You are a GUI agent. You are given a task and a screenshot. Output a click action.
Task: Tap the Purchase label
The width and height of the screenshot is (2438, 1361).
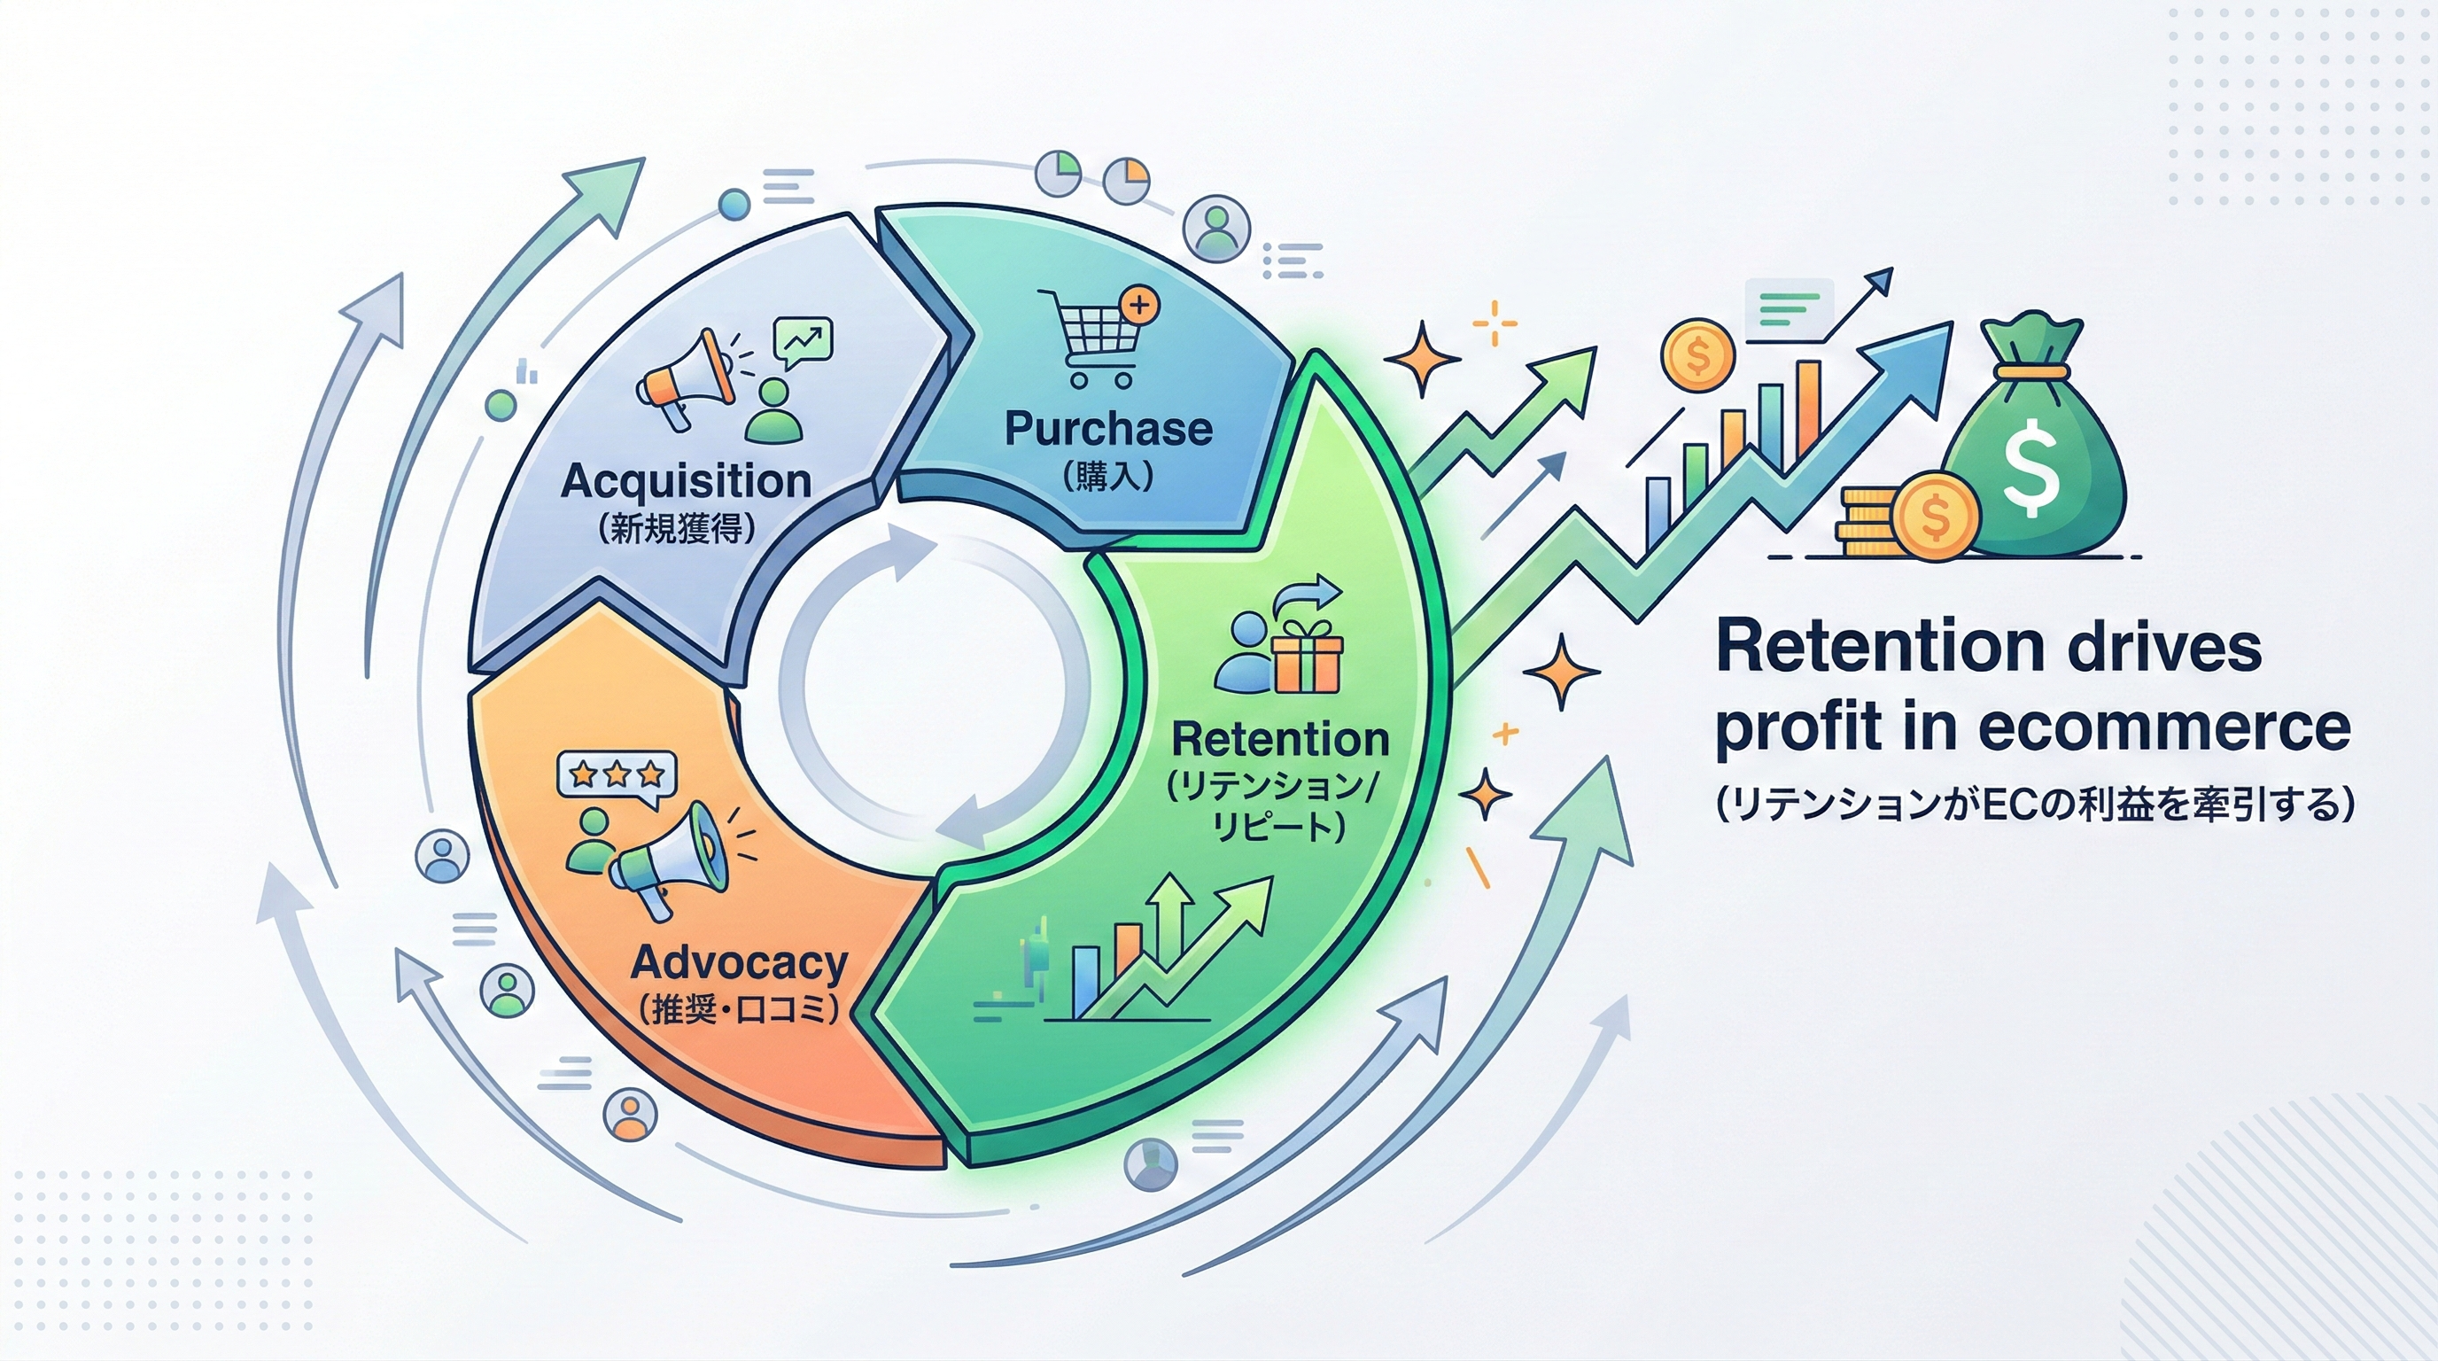point(1108,429)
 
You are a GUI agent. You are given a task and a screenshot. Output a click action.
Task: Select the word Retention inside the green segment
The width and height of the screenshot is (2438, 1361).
point(1279,739)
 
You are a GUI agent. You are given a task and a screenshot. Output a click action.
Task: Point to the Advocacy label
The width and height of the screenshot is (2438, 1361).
point(738,962)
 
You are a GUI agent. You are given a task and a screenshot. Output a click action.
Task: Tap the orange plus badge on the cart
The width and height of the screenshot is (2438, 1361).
point(1138,305)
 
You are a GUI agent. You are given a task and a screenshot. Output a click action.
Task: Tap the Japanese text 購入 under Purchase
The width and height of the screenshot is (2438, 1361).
point(1107,476)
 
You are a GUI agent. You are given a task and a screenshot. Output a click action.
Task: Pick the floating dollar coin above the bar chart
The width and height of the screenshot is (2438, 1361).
point(1698,356)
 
